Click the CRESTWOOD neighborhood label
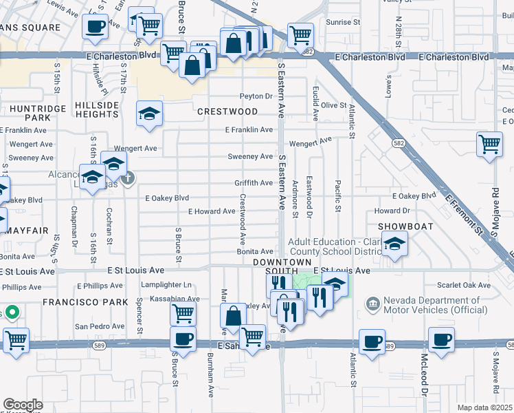click(x=227, y=112)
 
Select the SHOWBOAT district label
click(x=405, y=226)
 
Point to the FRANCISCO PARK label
click(x=86, y=302)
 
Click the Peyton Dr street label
click(x=256, y=96)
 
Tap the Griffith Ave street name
click(x=253, y=183)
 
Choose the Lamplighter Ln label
click(x=166, y=284)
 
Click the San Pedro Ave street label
click(x=98, y=326)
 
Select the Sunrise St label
click(x=343, y=23)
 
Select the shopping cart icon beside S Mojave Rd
click(x=489, y=145)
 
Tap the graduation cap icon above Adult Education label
click(x=394, y=244)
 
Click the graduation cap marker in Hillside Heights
click(x=148, y=113)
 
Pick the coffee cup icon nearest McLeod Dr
click(x=442, y=339)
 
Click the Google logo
click(x=23, y=405)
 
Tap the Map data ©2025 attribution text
click(x=484, y=407)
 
